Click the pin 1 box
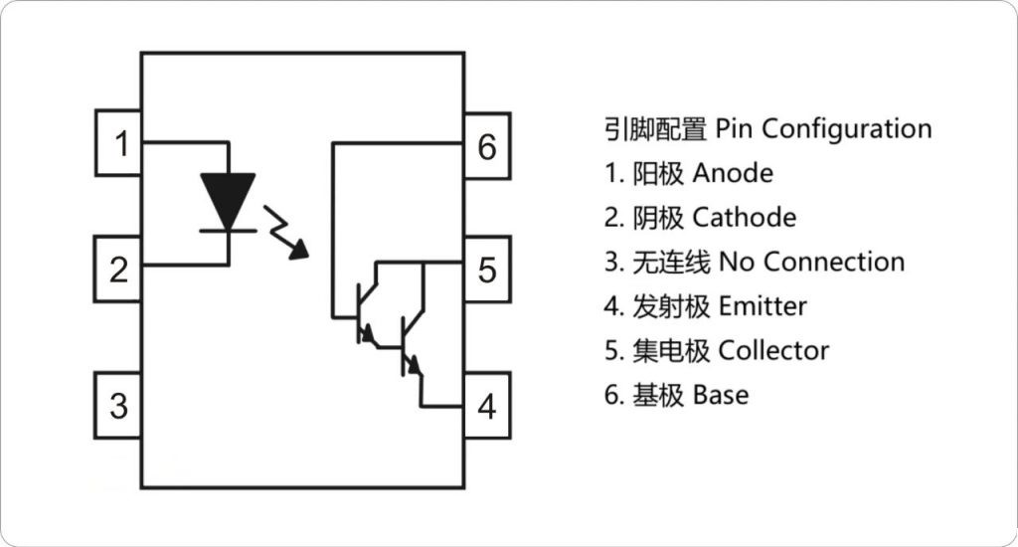point(119,144)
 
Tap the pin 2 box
point(119,269)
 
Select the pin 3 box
point(119,405)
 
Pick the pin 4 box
point(486,406)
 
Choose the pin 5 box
point(486,269)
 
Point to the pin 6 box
point(486,146)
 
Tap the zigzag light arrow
point(285,232)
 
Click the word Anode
point(733,173)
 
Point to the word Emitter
point(763,305)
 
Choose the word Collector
point(773,350)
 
